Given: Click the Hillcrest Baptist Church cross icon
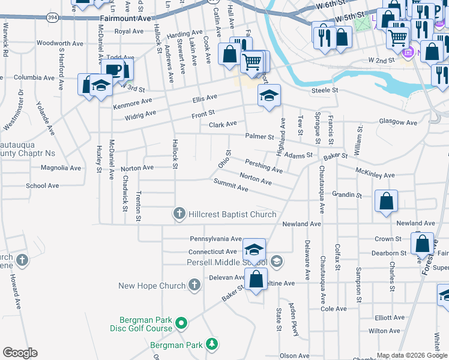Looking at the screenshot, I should tap(179, 214).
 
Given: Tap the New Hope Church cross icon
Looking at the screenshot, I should tap(194, 286).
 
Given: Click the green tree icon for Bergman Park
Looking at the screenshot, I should tap(211, 344).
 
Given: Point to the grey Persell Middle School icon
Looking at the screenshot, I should tap(276, 261).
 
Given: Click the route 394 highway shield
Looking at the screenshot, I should tap(53, 18).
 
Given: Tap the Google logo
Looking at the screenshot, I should tap(20, 353).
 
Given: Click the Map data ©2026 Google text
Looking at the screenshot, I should tap(412, 355).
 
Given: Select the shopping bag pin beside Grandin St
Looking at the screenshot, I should tap(387, 202).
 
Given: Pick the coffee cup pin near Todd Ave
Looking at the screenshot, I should tap(112, 70).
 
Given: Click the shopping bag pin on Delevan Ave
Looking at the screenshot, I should tap(256, 280).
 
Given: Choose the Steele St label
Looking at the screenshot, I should tap(325, 91).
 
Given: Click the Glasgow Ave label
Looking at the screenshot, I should tap(397, 122).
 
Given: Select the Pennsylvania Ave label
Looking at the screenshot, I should tap(215, 238).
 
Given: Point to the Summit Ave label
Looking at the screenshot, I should tap(231, 188).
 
